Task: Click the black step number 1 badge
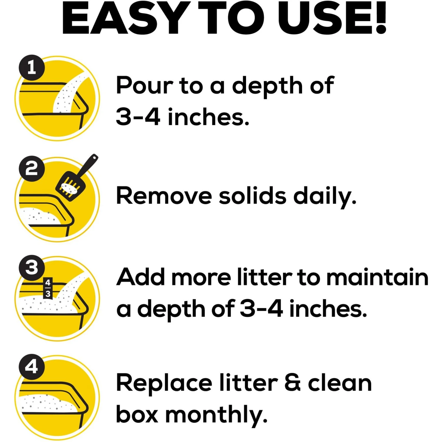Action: click(32, 68)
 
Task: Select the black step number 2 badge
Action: click(32, 169)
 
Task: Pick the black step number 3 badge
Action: click(32, 268)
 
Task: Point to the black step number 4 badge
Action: click(32, 367)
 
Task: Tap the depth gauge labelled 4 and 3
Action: click(48, 288)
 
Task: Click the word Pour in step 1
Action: click(145, 85)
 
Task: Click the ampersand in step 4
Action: click(293, 383)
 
